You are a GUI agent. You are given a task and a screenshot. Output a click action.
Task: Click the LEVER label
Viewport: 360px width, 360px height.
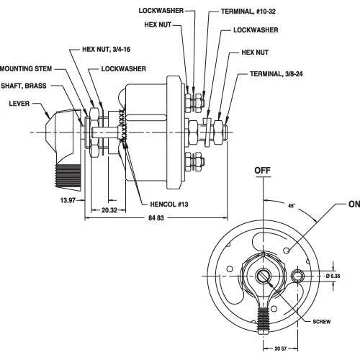click(x=19, y=104)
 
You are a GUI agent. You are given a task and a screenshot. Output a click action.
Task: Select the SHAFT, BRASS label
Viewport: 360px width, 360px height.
click(x=24, y=86)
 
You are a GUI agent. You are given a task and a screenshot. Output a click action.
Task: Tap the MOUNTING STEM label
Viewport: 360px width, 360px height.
click(x=26, y=68)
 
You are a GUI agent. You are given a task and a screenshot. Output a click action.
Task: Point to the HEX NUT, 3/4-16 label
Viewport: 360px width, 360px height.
click(x=107, y=49)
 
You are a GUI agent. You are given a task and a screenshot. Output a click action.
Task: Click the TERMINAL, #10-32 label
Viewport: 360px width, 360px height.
click(x=248, y=12)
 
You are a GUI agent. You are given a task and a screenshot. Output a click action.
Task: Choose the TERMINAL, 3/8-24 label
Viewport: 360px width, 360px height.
click(x=276, y=73)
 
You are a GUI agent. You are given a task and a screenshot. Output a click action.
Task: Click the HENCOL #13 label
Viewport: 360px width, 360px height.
click(x=169, y=204)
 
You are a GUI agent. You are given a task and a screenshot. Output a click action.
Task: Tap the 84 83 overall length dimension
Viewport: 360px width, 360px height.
click(x=156, y=218)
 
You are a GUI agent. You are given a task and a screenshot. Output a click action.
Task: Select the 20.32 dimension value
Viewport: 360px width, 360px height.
click(x=109, y=210)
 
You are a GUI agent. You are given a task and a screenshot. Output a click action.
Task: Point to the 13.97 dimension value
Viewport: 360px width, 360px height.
click(x=68, y=200)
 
